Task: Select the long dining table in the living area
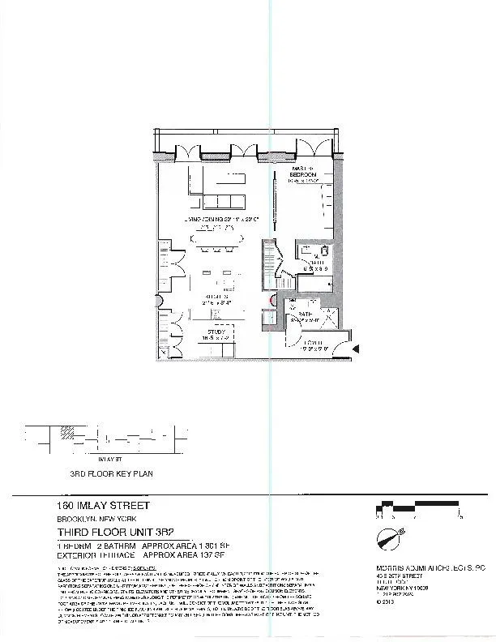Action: [x=216, y=239]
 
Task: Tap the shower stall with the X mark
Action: [x=327, y=315]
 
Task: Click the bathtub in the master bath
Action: [x=316, y=283]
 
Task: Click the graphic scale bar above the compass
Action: [x=418, y=507]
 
